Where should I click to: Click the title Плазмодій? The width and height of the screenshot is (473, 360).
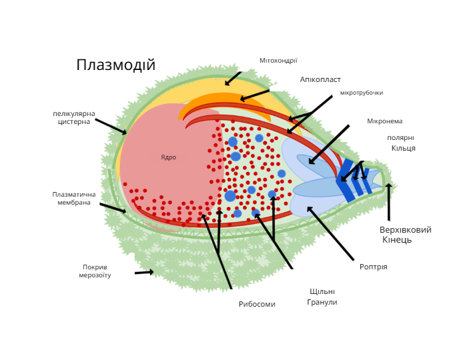click(116, 65)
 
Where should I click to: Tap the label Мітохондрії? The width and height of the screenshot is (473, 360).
click(278, 61)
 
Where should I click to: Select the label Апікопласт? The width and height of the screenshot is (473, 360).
click(320, 79)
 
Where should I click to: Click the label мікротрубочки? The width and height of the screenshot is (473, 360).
click(362, 93)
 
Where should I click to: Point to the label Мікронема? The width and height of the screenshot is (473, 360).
click(385, 121)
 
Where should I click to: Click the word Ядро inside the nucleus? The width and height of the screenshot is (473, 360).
click(168, 157)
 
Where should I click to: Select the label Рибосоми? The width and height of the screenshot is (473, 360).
click(257, 304)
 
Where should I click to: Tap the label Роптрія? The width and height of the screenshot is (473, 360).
click(373, 267)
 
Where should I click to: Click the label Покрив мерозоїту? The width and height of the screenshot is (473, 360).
click(95, 271)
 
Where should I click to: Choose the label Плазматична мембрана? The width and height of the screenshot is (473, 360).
click(74, 199)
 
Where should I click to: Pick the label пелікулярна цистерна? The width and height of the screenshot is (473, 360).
click(74, 117)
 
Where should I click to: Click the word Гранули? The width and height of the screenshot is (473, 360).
click(322, 302)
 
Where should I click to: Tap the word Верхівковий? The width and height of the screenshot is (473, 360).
click(406, 230)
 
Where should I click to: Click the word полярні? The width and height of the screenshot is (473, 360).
click(400, 138)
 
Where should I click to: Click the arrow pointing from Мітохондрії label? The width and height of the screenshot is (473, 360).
click(233, 79)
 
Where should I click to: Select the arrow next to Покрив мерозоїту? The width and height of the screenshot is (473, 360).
click(144, 272)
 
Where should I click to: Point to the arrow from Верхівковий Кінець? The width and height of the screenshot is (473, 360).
click(389, 202)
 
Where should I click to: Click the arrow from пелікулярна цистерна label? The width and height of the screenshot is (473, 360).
click(111, 126)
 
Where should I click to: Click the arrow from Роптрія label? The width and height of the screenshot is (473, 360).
click(330, 233)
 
